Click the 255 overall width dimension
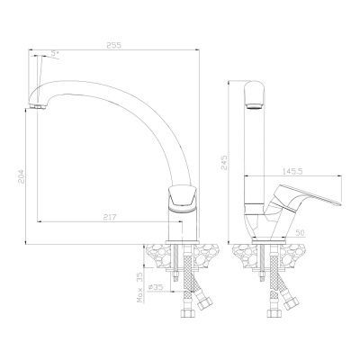[x=113, y=45]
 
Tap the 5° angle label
[x=55, y=54]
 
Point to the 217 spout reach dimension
[x=110, y=217]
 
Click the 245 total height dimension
[x=224, y=162]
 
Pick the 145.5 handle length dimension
[x=292, y=171]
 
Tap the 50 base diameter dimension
[x=300, y=232]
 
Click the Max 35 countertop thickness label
[x=140, y=287]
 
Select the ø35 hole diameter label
[x=156, y=287]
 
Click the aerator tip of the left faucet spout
[x=39, y=107]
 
